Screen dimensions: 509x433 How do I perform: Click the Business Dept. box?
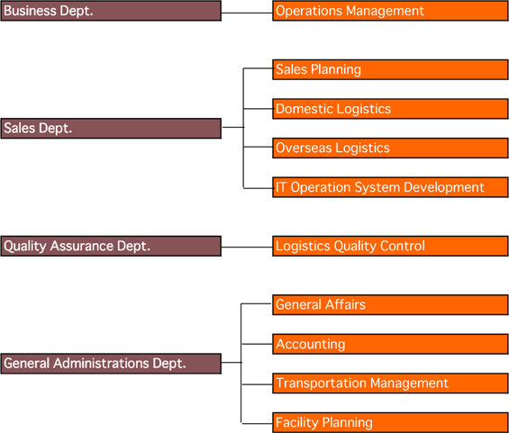(111, 11)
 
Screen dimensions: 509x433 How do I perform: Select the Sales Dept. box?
(111, 129)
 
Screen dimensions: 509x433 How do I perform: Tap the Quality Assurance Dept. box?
(111, 246)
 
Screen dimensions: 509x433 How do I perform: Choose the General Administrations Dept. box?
(111, 364)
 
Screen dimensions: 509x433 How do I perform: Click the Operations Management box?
(390, 11)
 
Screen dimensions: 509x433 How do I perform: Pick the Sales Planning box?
(390, 69)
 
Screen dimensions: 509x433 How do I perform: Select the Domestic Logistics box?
(390, 109)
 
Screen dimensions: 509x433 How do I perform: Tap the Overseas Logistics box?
(390, 149)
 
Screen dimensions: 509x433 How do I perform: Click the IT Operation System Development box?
(390, 187)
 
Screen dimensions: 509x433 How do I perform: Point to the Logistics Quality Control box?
(390, 246)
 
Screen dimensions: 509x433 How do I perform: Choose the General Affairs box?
(390, 305)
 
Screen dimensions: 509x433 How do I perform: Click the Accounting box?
(390, 344)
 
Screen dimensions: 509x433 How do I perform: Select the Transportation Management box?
(390, 383)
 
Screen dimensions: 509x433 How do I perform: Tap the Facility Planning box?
(390, 422)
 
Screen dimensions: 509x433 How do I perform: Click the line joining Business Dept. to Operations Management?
(247, 13)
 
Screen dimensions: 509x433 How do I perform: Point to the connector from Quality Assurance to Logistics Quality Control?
(247, 248)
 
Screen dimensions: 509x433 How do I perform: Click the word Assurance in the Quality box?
(82, 246)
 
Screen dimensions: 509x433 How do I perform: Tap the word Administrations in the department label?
(101, 364)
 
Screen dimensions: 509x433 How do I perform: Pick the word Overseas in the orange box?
(304, 148)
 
